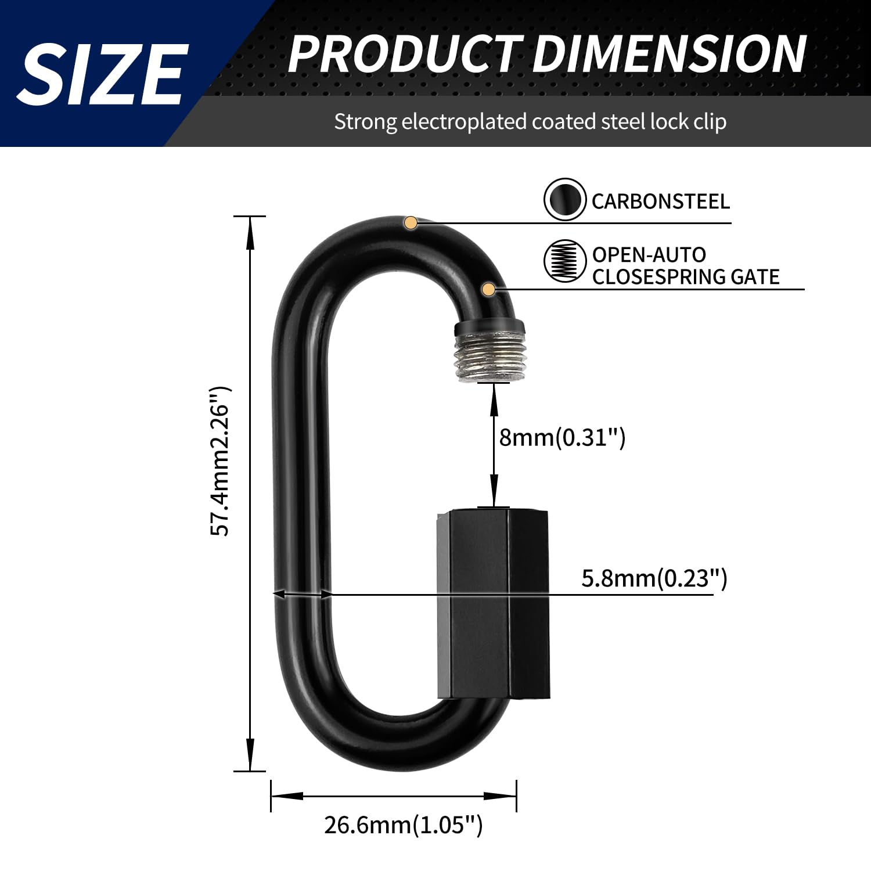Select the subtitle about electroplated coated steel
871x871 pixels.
(530, 122)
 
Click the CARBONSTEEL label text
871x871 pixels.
(660, 201)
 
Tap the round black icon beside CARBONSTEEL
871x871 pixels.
(564, 200)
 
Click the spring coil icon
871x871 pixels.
(564, 261)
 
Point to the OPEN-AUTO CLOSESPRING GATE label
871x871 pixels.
(685, 266)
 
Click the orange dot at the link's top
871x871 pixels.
(411, 222)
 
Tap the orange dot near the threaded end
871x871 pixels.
(489, 289)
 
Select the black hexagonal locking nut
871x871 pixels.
(492, 604)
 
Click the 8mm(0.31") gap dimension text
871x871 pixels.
(562, 437)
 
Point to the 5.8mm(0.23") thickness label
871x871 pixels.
(654, 578)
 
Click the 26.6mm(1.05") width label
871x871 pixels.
(403, 825)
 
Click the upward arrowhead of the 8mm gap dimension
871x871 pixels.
(494, 395)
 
